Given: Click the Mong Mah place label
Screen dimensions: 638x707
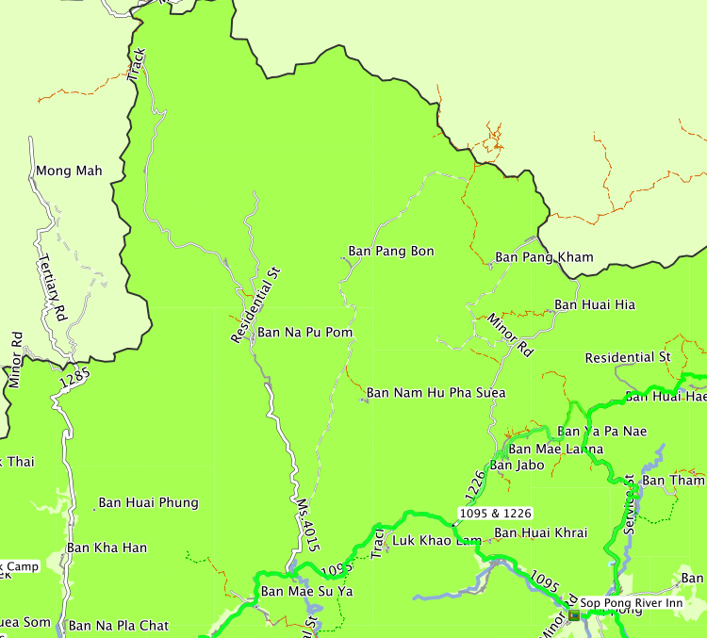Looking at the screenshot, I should click(x=68, y=172).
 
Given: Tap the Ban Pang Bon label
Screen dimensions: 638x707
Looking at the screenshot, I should click(x=391, y=252).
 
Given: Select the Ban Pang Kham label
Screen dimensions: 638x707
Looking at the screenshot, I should click(x=544, y=257).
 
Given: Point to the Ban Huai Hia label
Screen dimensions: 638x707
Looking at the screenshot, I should click(x=594, y=304).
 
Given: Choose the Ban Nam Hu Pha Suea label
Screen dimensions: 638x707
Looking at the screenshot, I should click(x=436, y=392).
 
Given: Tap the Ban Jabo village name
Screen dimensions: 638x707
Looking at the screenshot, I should click(x=516, y=465).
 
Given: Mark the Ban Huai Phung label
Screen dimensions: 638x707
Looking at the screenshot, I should click(x=148, y=502).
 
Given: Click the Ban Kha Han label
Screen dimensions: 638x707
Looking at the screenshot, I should click(x=107, y=548).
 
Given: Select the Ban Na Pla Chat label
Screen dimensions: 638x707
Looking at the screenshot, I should click(x=119, y=626).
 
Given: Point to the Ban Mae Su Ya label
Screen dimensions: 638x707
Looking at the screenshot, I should click(x=306, y=592).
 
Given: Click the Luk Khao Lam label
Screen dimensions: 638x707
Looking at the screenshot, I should click(x=436, y=540).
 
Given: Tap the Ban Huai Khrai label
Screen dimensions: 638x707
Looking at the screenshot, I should click(x=540, y=532).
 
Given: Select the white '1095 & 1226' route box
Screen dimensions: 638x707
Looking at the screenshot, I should click(x=495, y=514).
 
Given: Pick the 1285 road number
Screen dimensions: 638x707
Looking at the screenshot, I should click(x=74, y=379).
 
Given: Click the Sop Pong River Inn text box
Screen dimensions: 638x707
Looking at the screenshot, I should click(x=629, y=603).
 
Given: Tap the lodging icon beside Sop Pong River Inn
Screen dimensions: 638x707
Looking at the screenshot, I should click(x=572, y=614).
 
